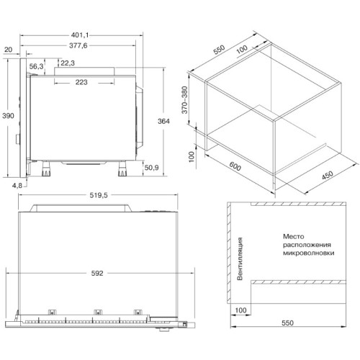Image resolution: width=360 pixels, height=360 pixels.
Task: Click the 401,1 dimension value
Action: click(x=80, y=35)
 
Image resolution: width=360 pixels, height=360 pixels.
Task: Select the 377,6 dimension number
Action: click(x=78, y=45)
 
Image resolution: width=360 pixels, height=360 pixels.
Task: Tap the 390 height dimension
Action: click(x=8, y=116)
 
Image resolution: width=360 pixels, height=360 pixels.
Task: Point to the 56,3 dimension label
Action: click(x=36, y=66)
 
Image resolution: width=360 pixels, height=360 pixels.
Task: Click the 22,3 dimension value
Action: click(x=68, y=63)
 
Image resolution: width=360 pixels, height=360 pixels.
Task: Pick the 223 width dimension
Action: click(x=81, y=82)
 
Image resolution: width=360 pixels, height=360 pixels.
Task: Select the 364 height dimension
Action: click(x=163, y=121)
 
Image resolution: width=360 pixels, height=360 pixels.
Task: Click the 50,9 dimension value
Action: click(x=151, y=168)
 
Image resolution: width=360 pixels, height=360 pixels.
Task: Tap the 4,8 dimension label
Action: click(x=17, y=185)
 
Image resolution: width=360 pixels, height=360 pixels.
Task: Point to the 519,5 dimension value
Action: click(x=99, y=195)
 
